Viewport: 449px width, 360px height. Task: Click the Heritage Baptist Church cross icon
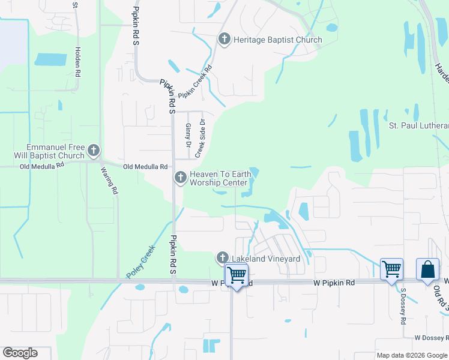224,40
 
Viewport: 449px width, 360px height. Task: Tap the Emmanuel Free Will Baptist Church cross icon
93,149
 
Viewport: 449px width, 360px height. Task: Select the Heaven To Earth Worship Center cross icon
180,177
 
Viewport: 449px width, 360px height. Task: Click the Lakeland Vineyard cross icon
222,258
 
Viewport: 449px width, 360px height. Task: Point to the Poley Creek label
140,264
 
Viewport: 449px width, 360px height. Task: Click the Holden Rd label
77,62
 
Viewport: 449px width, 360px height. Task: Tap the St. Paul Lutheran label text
419,125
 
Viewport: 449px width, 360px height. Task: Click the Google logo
20,353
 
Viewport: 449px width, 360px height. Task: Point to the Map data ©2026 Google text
412,355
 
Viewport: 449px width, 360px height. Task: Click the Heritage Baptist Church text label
278,40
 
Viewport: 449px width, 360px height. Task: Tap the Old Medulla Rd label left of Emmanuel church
42,167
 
